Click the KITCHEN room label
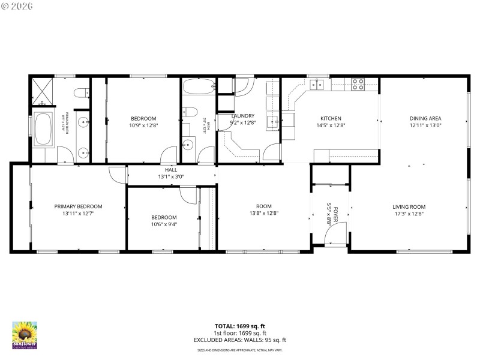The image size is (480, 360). click(x=331, y=118)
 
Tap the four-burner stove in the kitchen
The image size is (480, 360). click(x=358, y=85)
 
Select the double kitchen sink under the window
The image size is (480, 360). click(x=317, y=85)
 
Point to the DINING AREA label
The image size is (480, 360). click(x=425, y=118)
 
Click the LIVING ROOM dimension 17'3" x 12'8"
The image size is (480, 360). click(x=409, y=213)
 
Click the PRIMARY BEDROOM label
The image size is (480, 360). click(x=78, y=206)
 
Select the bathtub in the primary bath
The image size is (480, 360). click(x=43, y=129)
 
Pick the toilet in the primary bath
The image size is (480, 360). click(x=82, y=92)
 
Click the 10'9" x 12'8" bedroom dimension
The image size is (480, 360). click(x=143, y=125)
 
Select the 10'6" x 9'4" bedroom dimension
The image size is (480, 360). click(x=164, y=224)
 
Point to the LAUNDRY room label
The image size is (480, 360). click(x=243, y=116)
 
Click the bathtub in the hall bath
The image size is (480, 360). click(x=199, y=88)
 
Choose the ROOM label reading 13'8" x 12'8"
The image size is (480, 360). click(x=264, y=209)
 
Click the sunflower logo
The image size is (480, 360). click(x=25, y=335)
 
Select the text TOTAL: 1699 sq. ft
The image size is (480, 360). click(x=240, y=326)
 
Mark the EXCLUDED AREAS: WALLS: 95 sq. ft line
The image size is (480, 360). click(x=240, y=340)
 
